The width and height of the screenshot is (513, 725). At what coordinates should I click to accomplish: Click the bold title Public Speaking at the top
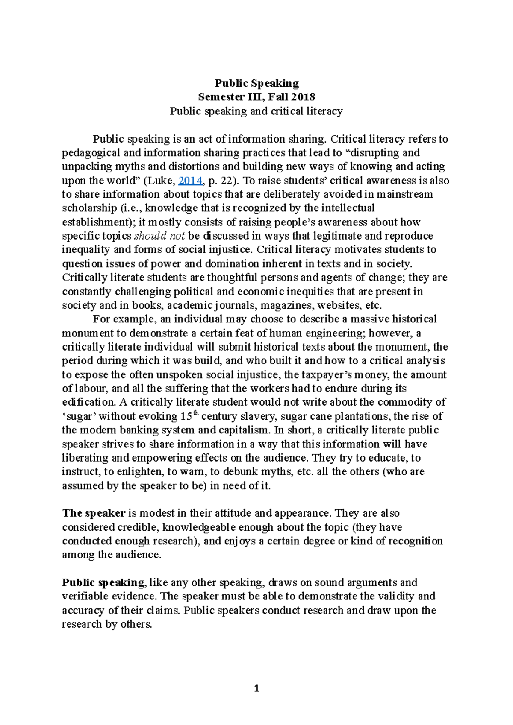[256, 83]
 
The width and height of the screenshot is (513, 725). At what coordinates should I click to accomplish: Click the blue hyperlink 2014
[190, 181]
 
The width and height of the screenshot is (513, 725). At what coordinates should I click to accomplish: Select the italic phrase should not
[159, 236]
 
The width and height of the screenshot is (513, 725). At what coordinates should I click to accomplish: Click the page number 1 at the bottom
[256, 688]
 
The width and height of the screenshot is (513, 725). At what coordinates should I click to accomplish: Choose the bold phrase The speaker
[94, 513]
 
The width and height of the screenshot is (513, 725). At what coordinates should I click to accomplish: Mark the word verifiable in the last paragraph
[83, 596]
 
